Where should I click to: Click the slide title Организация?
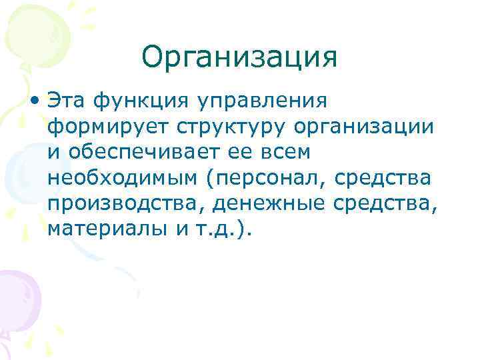pos(239,59)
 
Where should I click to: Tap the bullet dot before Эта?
pos(33,101)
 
